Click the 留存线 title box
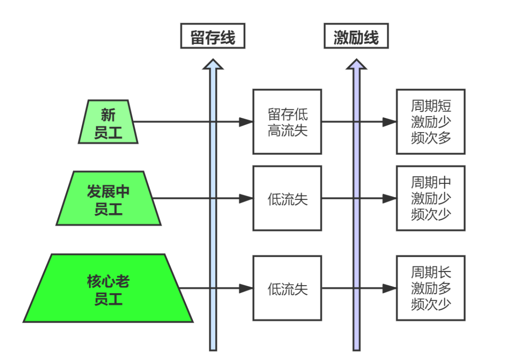pyautogui.click(x=212, y=36)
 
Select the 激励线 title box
pyautogui.click(x=356, y=36)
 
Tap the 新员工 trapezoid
pyautogui.click(x=108, y=122)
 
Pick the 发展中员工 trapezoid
pyautogui.click(x=109, y=198)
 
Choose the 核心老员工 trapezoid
pyautogui.click(x=108, y=288)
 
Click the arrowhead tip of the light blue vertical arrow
pyautogui.click(x=213, y=60)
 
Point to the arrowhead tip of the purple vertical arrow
pyautogui.click(x=357, y=60)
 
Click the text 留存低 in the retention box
pyautogui.click(x=287, y=114)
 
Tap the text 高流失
pyautogui.click(x=287, y=130)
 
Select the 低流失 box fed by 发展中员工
pyautogui.click(x=287, y=198)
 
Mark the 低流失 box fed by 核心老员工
pyautogui.click(x=287, y=288)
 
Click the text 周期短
pyautogui.click(x=431, y=106)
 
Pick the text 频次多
pyautogui.click(x=431, y=137)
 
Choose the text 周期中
pyautogui.click(x=431, y=183)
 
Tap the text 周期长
pyautogui.click(x=431, y=272)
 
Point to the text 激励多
pyautogui.click(x=431, y=288)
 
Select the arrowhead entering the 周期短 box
pyautogui.click(x=390, y=122)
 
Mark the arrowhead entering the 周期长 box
pyautogui.click(x=390, y=288)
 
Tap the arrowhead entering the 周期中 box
pyautogui.click(x=390, y=198)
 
